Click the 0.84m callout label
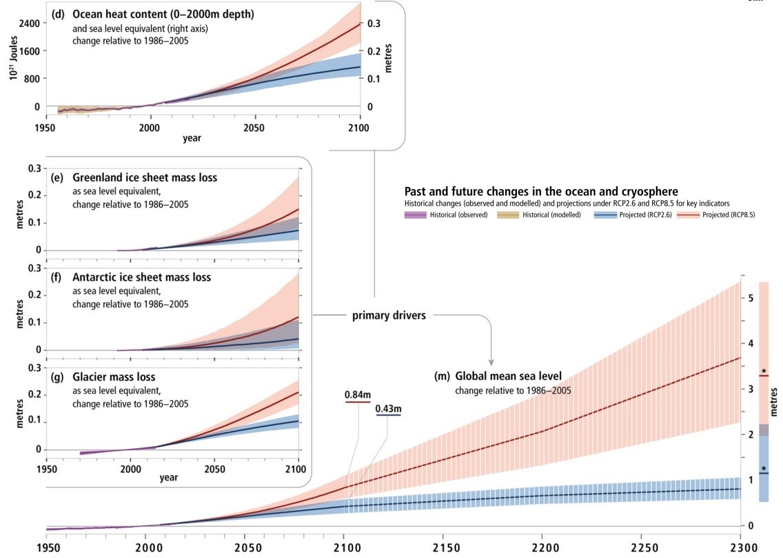[x=358, y=395]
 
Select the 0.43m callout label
[x=389, y=410]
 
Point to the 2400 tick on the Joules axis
[x=28, y=23]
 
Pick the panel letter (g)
[x=59, y=377]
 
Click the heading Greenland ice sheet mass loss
[x=145, y=178]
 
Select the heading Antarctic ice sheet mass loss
[x=142, y=278]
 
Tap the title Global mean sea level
[x=508, y=376]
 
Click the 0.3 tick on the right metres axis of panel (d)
[x=373, y=23]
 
